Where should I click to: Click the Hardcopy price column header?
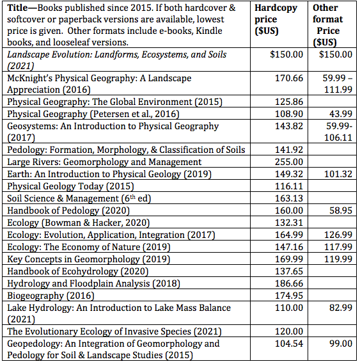tap(276, 19)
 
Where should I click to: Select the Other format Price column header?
tap(327, 25)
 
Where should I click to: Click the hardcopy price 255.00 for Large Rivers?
tap(289, 162)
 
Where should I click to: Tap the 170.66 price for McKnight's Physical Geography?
tap(289, 78)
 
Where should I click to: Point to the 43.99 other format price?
tap(341, 114)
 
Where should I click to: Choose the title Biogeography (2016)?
tap(51, 296)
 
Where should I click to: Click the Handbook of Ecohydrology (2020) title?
tap(77, 271)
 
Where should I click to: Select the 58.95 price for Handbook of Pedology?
tap(341, 210)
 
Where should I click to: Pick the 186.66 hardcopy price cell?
tap(289, 283)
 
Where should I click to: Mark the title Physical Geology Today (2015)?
tap(70, 186)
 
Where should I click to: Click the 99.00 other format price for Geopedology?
tap(341, 344)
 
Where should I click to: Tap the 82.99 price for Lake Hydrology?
tap(341, 308)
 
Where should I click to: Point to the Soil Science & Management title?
tap(79, 198)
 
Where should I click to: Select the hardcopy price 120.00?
tap(289, 331)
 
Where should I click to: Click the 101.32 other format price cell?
tap(338, 174)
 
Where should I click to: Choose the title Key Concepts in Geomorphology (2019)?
tap(89, 259)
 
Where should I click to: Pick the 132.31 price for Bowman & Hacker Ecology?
tap(289, 223)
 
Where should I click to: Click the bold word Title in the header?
tap(17, 8)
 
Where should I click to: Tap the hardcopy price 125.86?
tap(289, 102)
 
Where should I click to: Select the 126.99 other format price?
tap(338, 235)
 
